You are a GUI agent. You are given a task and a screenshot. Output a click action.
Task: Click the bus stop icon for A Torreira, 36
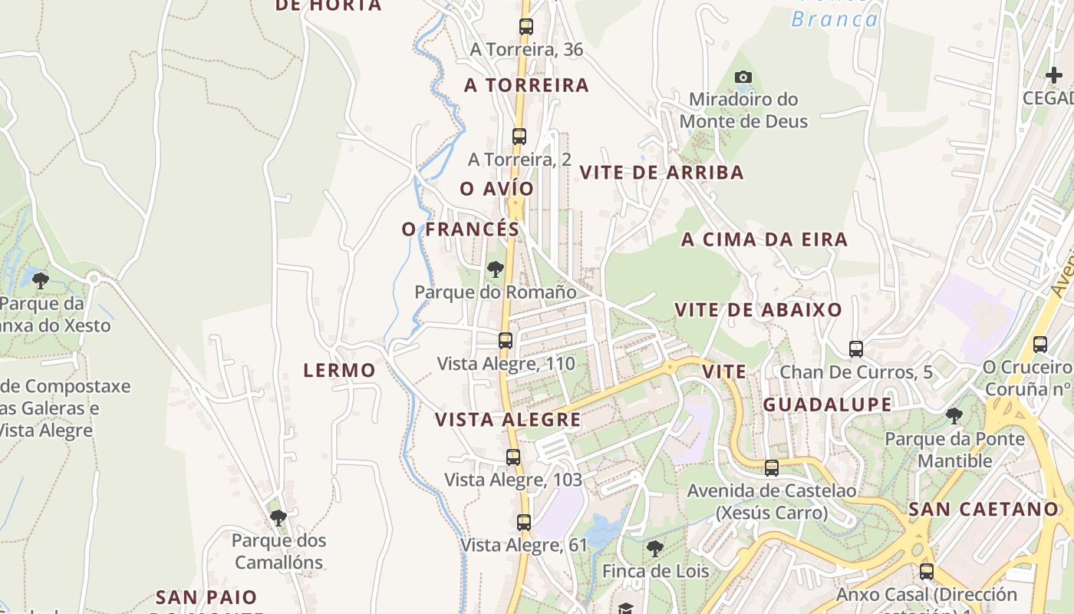[x=525, y=27]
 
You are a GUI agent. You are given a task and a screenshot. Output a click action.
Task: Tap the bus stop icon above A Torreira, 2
[x=519, y=137]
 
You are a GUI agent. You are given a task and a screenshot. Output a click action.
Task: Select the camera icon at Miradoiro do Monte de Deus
[x=743, y=77]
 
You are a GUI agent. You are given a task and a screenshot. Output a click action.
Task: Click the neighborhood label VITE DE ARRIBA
[x=661, y=173]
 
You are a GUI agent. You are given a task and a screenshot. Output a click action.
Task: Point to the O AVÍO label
[x=496, y=189]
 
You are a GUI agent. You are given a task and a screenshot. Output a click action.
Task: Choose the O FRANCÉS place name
[x=460, y=229]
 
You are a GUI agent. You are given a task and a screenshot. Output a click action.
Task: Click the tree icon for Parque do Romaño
[x=496, y=269]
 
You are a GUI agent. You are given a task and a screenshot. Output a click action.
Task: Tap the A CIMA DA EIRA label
[x=764, y=239]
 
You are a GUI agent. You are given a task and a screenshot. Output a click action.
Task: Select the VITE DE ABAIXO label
[x=758, y=310]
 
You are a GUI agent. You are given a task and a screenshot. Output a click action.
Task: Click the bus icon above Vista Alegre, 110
[x=506, y=340]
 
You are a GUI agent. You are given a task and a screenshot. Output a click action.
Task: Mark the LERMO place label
[x=339, y=371]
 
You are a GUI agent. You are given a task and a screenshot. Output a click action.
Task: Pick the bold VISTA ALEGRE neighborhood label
[x=508, y=420]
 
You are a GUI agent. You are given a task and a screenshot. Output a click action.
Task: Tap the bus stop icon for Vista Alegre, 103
[x=513, y=457]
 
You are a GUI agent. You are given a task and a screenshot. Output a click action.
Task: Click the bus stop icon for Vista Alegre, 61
[x=524, y=523]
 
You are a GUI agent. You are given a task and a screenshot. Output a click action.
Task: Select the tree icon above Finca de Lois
[x=654, y=548]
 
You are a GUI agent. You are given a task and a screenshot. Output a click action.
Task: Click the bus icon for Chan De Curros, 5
[x=856, y=349]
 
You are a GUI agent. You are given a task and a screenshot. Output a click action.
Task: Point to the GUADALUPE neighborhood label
[x=827, y=404]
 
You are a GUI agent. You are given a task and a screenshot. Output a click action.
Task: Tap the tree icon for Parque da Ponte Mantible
[x=954, y=416]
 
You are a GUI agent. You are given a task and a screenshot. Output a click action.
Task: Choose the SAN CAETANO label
[x=983, y=509]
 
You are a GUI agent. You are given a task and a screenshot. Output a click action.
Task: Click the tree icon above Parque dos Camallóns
[x=278, y=518]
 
